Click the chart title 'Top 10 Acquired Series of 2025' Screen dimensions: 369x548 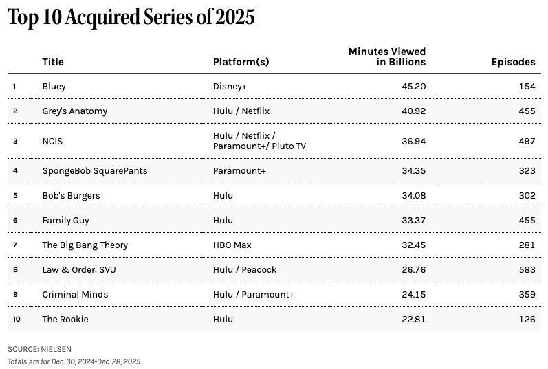(131, 18)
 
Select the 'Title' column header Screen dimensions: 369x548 (53, 62)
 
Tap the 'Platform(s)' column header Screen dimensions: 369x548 (241, 62)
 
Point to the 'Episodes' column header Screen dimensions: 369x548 (513, 62)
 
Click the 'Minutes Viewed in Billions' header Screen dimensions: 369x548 (387, 56)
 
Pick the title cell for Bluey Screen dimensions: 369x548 (54, 87)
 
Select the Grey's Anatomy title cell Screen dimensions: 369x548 (74, 111)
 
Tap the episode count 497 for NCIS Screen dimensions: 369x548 (527, 141)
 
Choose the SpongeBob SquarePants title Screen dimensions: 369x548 (94, 170)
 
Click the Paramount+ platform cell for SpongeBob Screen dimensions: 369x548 (239, 170)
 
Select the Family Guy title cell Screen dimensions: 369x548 (65, 221)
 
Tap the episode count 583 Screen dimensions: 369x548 (527, 270)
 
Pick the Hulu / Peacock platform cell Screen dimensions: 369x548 (245, 270)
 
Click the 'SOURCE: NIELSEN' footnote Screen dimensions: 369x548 (39, 349)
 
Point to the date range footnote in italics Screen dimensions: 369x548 (74, 361)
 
